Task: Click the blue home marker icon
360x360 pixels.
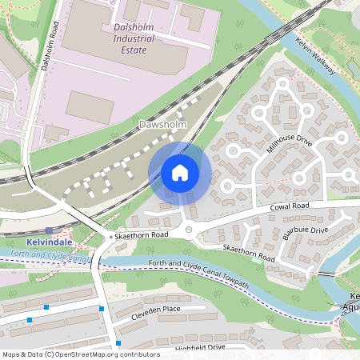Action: point(180,173)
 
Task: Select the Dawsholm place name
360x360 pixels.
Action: point(162,125)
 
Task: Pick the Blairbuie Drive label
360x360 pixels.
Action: point(307,232)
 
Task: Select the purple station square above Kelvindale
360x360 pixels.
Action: point(50,230)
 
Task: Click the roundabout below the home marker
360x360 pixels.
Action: point(189,230)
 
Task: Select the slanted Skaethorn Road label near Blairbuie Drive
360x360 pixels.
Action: point(249,254)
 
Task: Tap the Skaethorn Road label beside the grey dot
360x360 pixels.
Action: point(142,234)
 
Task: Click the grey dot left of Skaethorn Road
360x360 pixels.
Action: point(111,237)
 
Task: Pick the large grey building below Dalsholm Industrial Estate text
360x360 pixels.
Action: point(90,106)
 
